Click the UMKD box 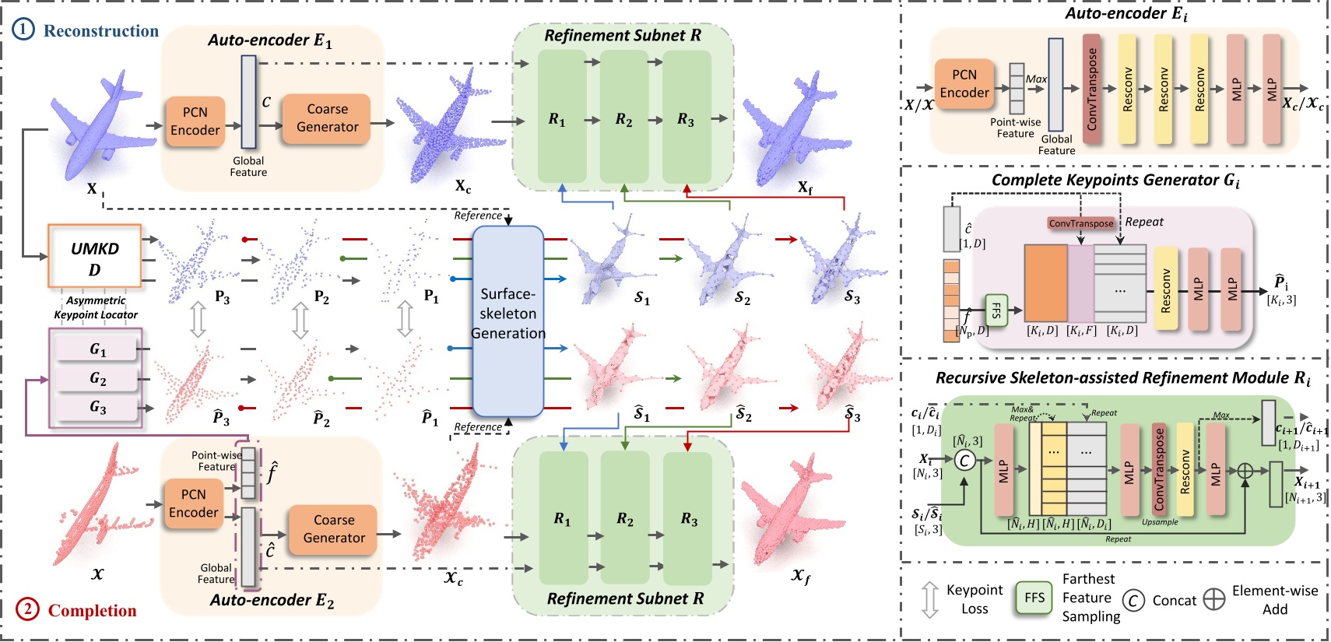(x=94, y=258)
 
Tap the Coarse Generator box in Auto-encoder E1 (x=327, y=118)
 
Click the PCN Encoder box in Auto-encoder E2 (x=194, y=503)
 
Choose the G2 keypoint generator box (x=98, y=379)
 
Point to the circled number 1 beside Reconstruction (x=23, y=30)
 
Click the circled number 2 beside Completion (x=27, y=609)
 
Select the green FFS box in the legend (x=1034, y=598)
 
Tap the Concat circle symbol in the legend (x=1133, y=600)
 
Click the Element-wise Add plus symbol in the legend (x=1213, y=599)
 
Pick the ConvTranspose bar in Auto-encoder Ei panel (x=1092, y=89)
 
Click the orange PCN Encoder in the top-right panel (x=964, y=84)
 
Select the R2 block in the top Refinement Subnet (x=623, y=118)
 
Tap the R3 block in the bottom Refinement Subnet (x=688, y=518)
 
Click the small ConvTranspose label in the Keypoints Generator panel (x=1080, y=223)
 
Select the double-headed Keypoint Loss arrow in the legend (x=929, y=600)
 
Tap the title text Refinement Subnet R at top (x=622, y=36)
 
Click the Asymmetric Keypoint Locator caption (x=96, y=307)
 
